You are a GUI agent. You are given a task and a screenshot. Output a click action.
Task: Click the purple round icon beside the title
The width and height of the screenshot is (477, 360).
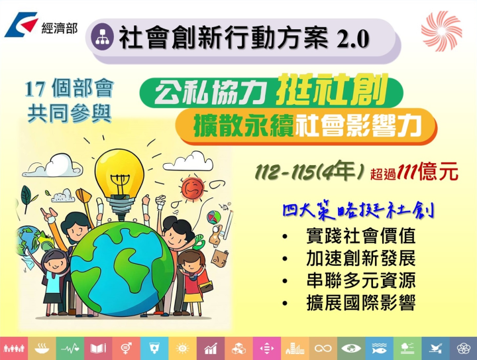[x=105, y=37]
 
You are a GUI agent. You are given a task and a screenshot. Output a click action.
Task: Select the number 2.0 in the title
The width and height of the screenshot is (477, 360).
[x=352, y=39]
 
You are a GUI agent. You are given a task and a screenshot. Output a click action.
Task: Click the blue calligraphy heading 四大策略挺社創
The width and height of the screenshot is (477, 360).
[x=358, y=213]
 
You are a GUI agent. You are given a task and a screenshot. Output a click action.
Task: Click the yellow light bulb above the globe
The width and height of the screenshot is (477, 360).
[x=119, y=173]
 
